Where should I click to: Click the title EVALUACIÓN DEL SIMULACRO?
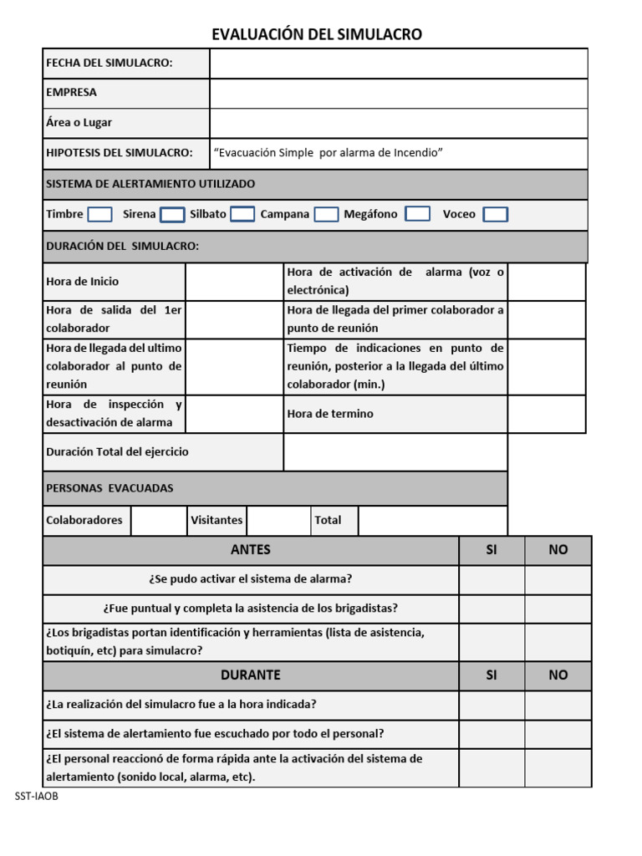click(x=317, y=34)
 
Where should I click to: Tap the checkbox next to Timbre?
click(x=99, y=215)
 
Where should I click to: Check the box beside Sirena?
click(x=172, y=215)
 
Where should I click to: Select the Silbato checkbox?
click(x=242, y=214)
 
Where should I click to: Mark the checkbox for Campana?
click(x=326, y=215)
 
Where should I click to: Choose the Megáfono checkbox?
click(x=418, y=214)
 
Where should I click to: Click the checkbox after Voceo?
click(x=495, y=215)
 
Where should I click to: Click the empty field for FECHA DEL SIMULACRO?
click(x=398, y=64)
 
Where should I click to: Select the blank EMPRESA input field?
click(x=398, y=93)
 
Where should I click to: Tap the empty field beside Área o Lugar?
click(x=398, y=123)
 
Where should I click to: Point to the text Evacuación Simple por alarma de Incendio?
click(x=328, y=153)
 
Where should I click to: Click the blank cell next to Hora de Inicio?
click(x=234, y=282)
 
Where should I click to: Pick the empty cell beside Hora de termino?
click(x=547, y=414)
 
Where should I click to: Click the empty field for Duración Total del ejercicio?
click(x=395, y=452)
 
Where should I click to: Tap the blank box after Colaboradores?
click(x=159, y=521)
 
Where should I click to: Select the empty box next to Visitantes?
click(x=278, y=521)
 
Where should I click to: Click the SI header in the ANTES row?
click(x=492, y=550)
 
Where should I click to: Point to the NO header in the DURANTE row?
click(x=558, y=675)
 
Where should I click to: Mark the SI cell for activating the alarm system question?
click(x=492, y=579)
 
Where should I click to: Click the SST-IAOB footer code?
click(x=37, y=797)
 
